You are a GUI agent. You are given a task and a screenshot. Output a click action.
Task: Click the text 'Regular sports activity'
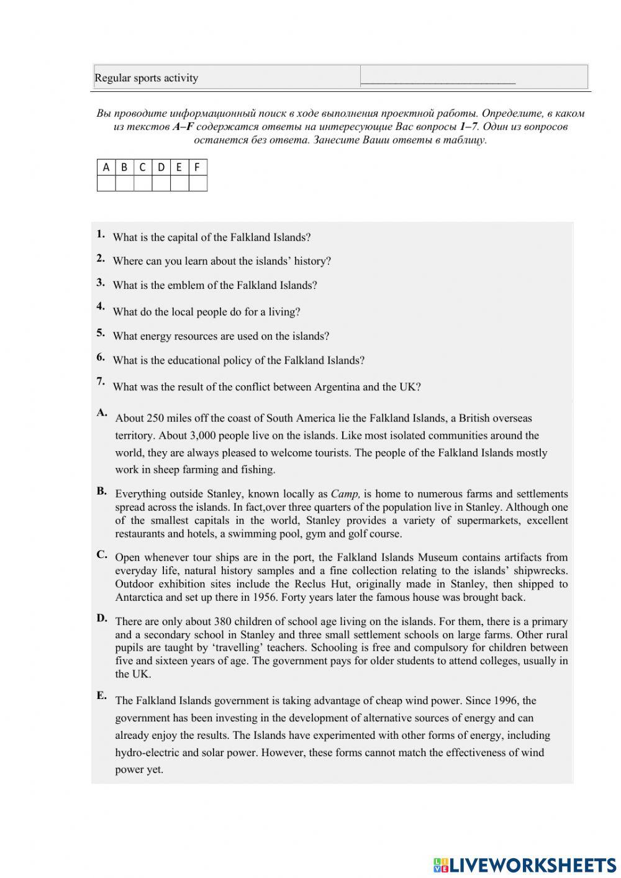coord(146,78)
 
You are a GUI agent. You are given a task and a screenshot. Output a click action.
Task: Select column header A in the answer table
coord(106,167)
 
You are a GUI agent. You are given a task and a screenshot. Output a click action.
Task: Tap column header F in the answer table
coord(197,167)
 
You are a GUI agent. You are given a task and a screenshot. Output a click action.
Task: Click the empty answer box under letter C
coord(143,183)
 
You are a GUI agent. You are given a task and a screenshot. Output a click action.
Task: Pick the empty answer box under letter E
coord(179,183)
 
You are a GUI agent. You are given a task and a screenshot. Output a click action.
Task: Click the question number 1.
coord(101,234)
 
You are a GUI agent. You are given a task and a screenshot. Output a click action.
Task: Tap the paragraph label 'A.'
coord(102,413)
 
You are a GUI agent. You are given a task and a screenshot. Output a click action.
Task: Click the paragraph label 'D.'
coord(102,618)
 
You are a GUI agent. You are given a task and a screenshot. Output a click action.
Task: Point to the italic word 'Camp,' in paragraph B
coord(345,494)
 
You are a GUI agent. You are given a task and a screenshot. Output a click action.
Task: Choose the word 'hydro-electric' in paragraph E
coord(147,752)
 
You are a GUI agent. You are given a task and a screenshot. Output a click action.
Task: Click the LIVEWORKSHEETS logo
coord(525,864)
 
